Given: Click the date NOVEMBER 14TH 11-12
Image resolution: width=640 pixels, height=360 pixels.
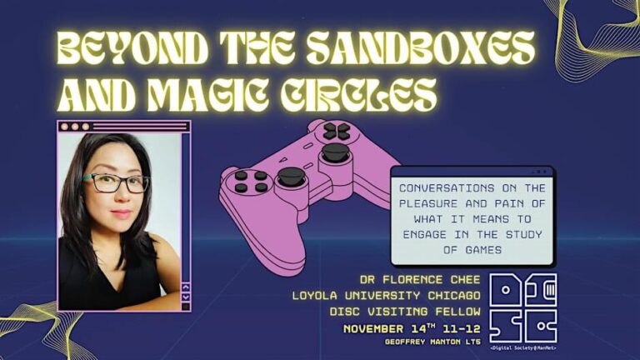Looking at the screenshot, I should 411,329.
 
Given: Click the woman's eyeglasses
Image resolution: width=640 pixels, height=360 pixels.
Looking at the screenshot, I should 116,182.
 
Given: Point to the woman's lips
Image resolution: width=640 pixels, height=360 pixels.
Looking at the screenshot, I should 122,213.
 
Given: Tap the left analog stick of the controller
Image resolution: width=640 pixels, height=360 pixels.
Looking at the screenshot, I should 290,176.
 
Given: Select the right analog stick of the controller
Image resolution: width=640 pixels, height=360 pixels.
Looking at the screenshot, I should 335,152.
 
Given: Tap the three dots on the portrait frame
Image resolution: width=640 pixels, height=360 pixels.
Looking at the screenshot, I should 74,127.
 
